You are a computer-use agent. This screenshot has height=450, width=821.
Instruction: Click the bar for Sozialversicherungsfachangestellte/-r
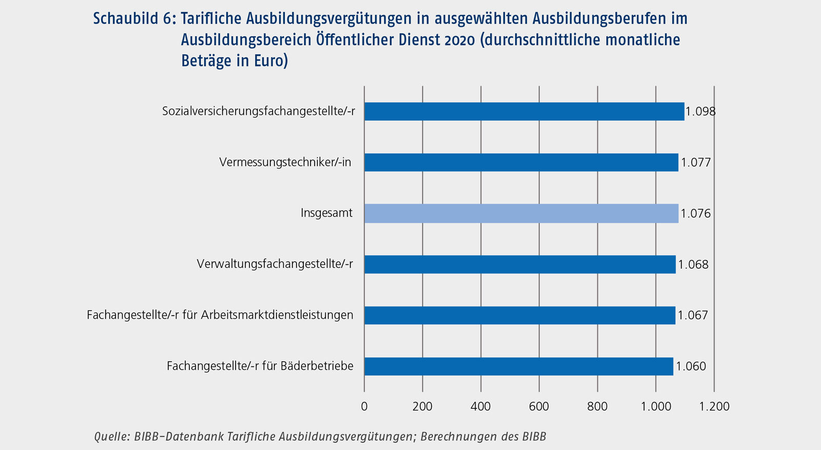(x=524, y=111)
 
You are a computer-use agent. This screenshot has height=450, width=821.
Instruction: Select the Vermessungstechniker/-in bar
(x=521, y=162)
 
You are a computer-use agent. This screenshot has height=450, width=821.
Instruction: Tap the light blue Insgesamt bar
(x=521, y=213)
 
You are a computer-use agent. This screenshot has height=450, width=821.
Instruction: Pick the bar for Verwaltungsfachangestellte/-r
(x=520, y=264)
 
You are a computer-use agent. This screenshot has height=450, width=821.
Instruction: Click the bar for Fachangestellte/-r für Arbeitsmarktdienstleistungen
(x=519, y=315)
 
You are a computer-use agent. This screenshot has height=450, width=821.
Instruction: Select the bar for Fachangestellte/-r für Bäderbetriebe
(x=518, y=366)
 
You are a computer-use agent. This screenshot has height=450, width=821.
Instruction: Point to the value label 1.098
(x=700, y=111)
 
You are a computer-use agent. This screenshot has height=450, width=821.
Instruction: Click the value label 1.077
(x=696, y=163)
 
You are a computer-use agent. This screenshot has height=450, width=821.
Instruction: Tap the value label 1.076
(x=696, y=213)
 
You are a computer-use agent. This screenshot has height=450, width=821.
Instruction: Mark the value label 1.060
(x=691, y=366)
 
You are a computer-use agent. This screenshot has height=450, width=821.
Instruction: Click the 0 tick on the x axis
(x=364, y=406)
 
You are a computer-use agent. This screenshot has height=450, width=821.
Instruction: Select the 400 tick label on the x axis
(x=481, y=406)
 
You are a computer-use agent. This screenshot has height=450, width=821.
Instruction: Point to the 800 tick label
(x=597, y=406)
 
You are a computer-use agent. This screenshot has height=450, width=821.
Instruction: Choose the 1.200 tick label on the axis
(x=714, y=406)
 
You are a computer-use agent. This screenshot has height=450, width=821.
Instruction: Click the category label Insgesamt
(x=326, y=213)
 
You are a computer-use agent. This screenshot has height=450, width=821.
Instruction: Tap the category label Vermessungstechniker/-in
(x=285, y=162)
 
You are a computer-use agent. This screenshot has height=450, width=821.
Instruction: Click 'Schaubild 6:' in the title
(x=134, y=19)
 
